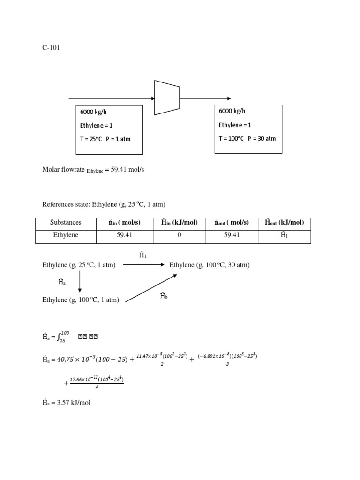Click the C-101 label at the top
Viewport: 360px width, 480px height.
(51, 47)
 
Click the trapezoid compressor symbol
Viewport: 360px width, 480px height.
(167, 97)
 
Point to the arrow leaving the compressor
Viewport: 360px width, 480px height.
(205, 98)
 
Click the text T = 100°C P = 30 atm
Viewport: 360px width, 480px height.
(247, 138)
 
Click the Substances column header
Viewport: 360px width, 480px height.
(66, 223)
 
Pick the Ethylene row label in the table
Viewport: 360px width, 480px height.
(66, 235)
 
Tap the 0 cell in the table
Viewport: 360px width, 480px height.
(179, 235)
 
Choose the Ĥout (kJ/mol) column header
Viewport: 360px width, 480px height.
(284, 223)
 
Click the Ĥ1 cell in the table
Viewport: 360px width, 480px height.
(284, 235)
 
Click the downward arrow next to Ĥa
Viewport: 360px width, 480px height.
(80, 282)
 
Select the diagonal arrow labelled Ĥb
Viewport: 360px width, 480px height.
(151, 288)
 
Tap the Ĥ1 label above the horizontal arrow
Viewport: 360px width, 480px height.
(143, 255)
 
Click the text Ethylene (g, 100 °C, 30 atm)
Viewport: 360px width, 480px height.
(209, 265)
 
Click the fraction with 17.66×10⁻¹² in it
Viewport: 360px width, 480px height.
(97, 382)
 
